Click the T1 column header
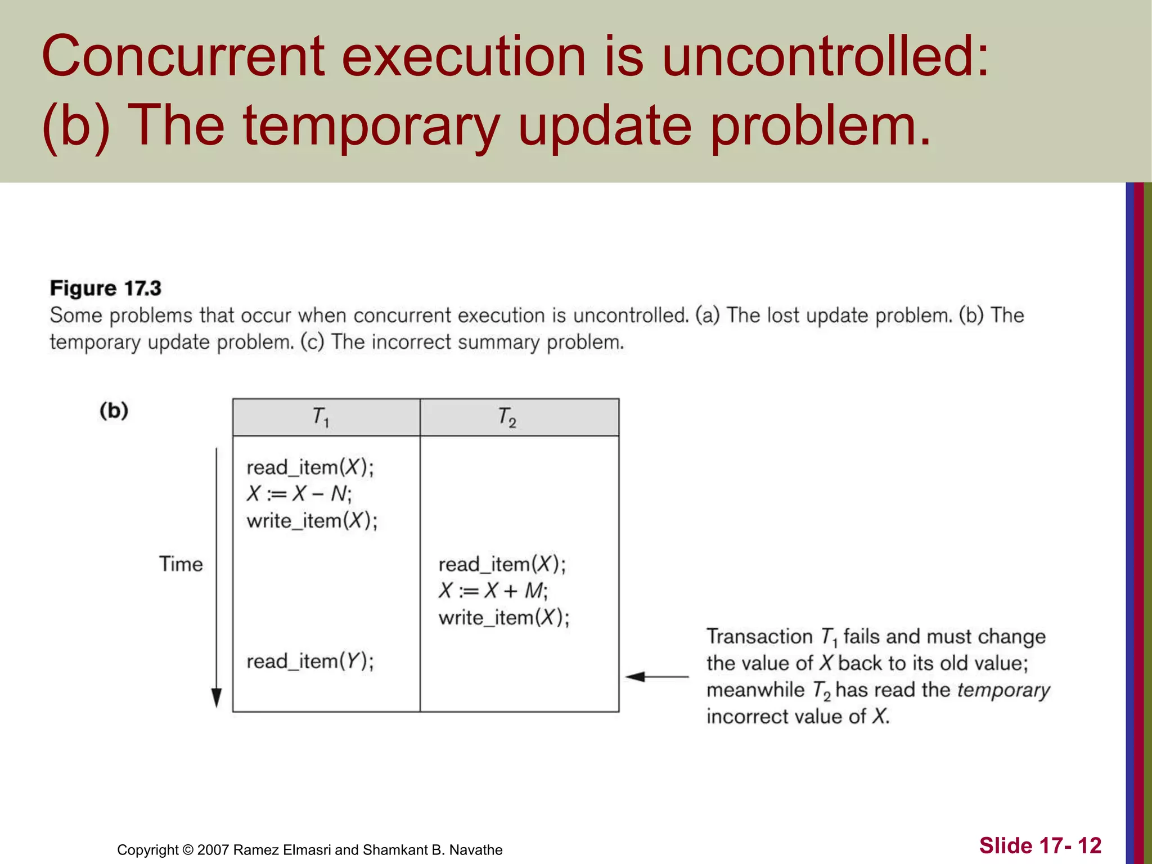[x=321, y=417]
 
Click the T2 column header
[x=507, y=417]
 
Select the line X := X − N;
[x=299, y=494]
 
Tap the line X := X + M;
[x=493, y=591]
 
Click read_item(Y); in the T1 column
[x=310, y=661]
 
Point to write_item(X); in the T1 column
[x=312, y=521]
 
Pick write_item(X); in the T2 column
[x=503, y=618]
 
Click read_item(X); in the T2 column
[x=502, y=564]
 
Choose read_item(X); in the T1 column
[x=310, y=467]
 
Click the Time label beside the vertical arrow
[x=181, y=564]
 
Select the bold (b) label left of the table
[x=114, y=411]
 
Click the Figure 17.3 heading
[x=106, y=289]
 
